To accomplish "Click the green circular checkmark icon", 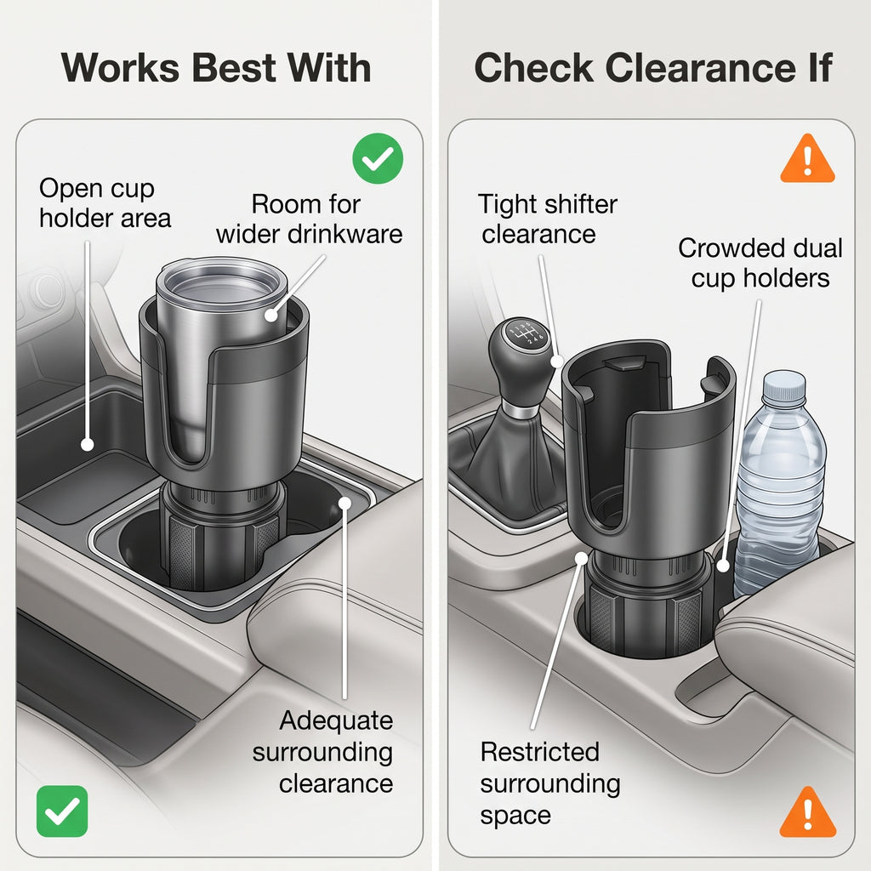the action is click(378, 158).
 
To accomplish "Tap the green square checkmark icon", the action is click(62, 811).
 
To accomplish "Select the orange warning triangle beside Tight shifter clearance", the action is click(807, 159).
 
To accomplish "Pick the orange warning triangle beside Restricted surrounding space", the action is click(808, 812).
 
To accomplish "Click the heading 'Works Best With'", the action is click(216, 68).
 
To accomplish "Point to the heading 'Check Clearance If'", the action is click(652, 68).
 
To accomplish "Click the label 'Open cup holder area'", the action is click(105, 203).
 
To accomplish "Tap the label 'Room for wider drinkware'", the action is click(310, 219).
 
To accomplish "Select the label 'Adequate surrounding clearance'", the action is click(322, 752).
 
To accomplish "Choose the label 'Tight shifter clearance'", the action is click(548, 219).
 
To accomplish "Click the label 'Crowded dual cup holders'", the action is click(760, 263).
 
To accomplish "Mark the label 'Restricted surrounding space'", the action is click(550, 783).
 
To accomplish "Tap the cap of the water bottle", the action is click(783, 387).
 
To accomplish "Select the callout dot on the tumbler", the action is click(271, 315).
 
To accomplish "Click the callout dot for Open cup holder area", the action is click(88, 444).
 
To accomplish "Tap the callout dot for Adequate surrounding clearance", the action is click(345, 504).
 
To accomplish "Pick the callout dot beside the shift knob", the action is click(556, 361).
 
